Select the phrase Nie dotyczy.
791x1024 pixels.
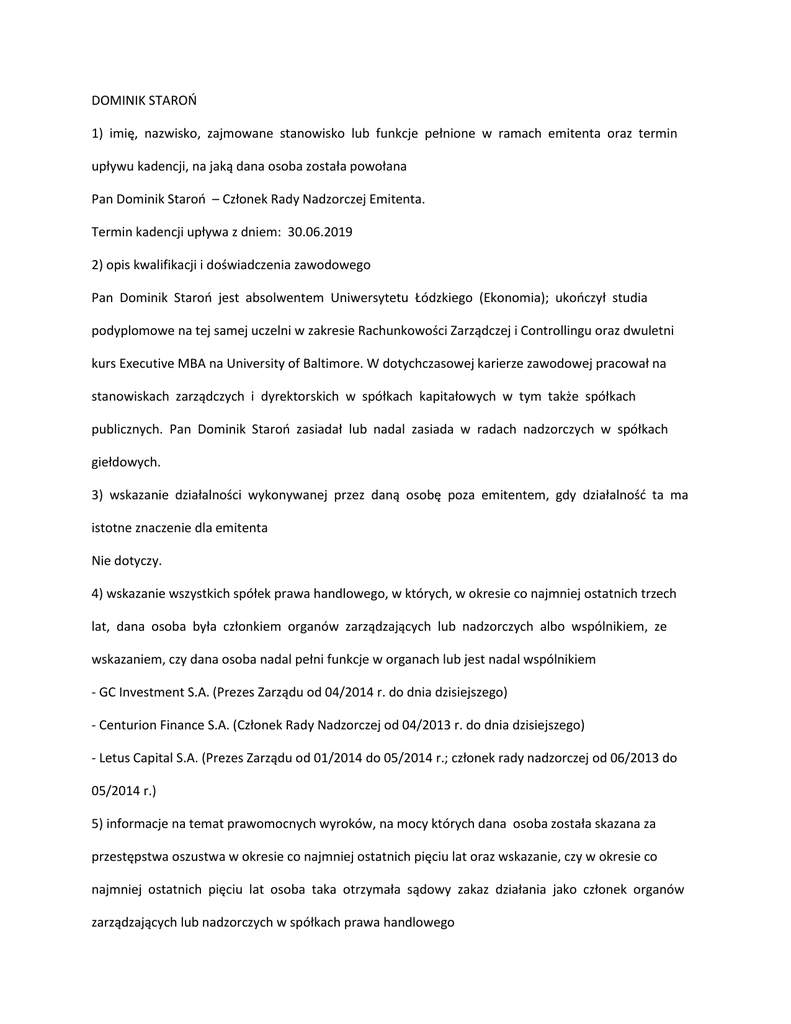[126, 560]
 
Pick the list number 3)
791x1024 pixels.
[98, 495]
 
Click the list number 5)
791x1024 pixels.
[98, 823]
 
